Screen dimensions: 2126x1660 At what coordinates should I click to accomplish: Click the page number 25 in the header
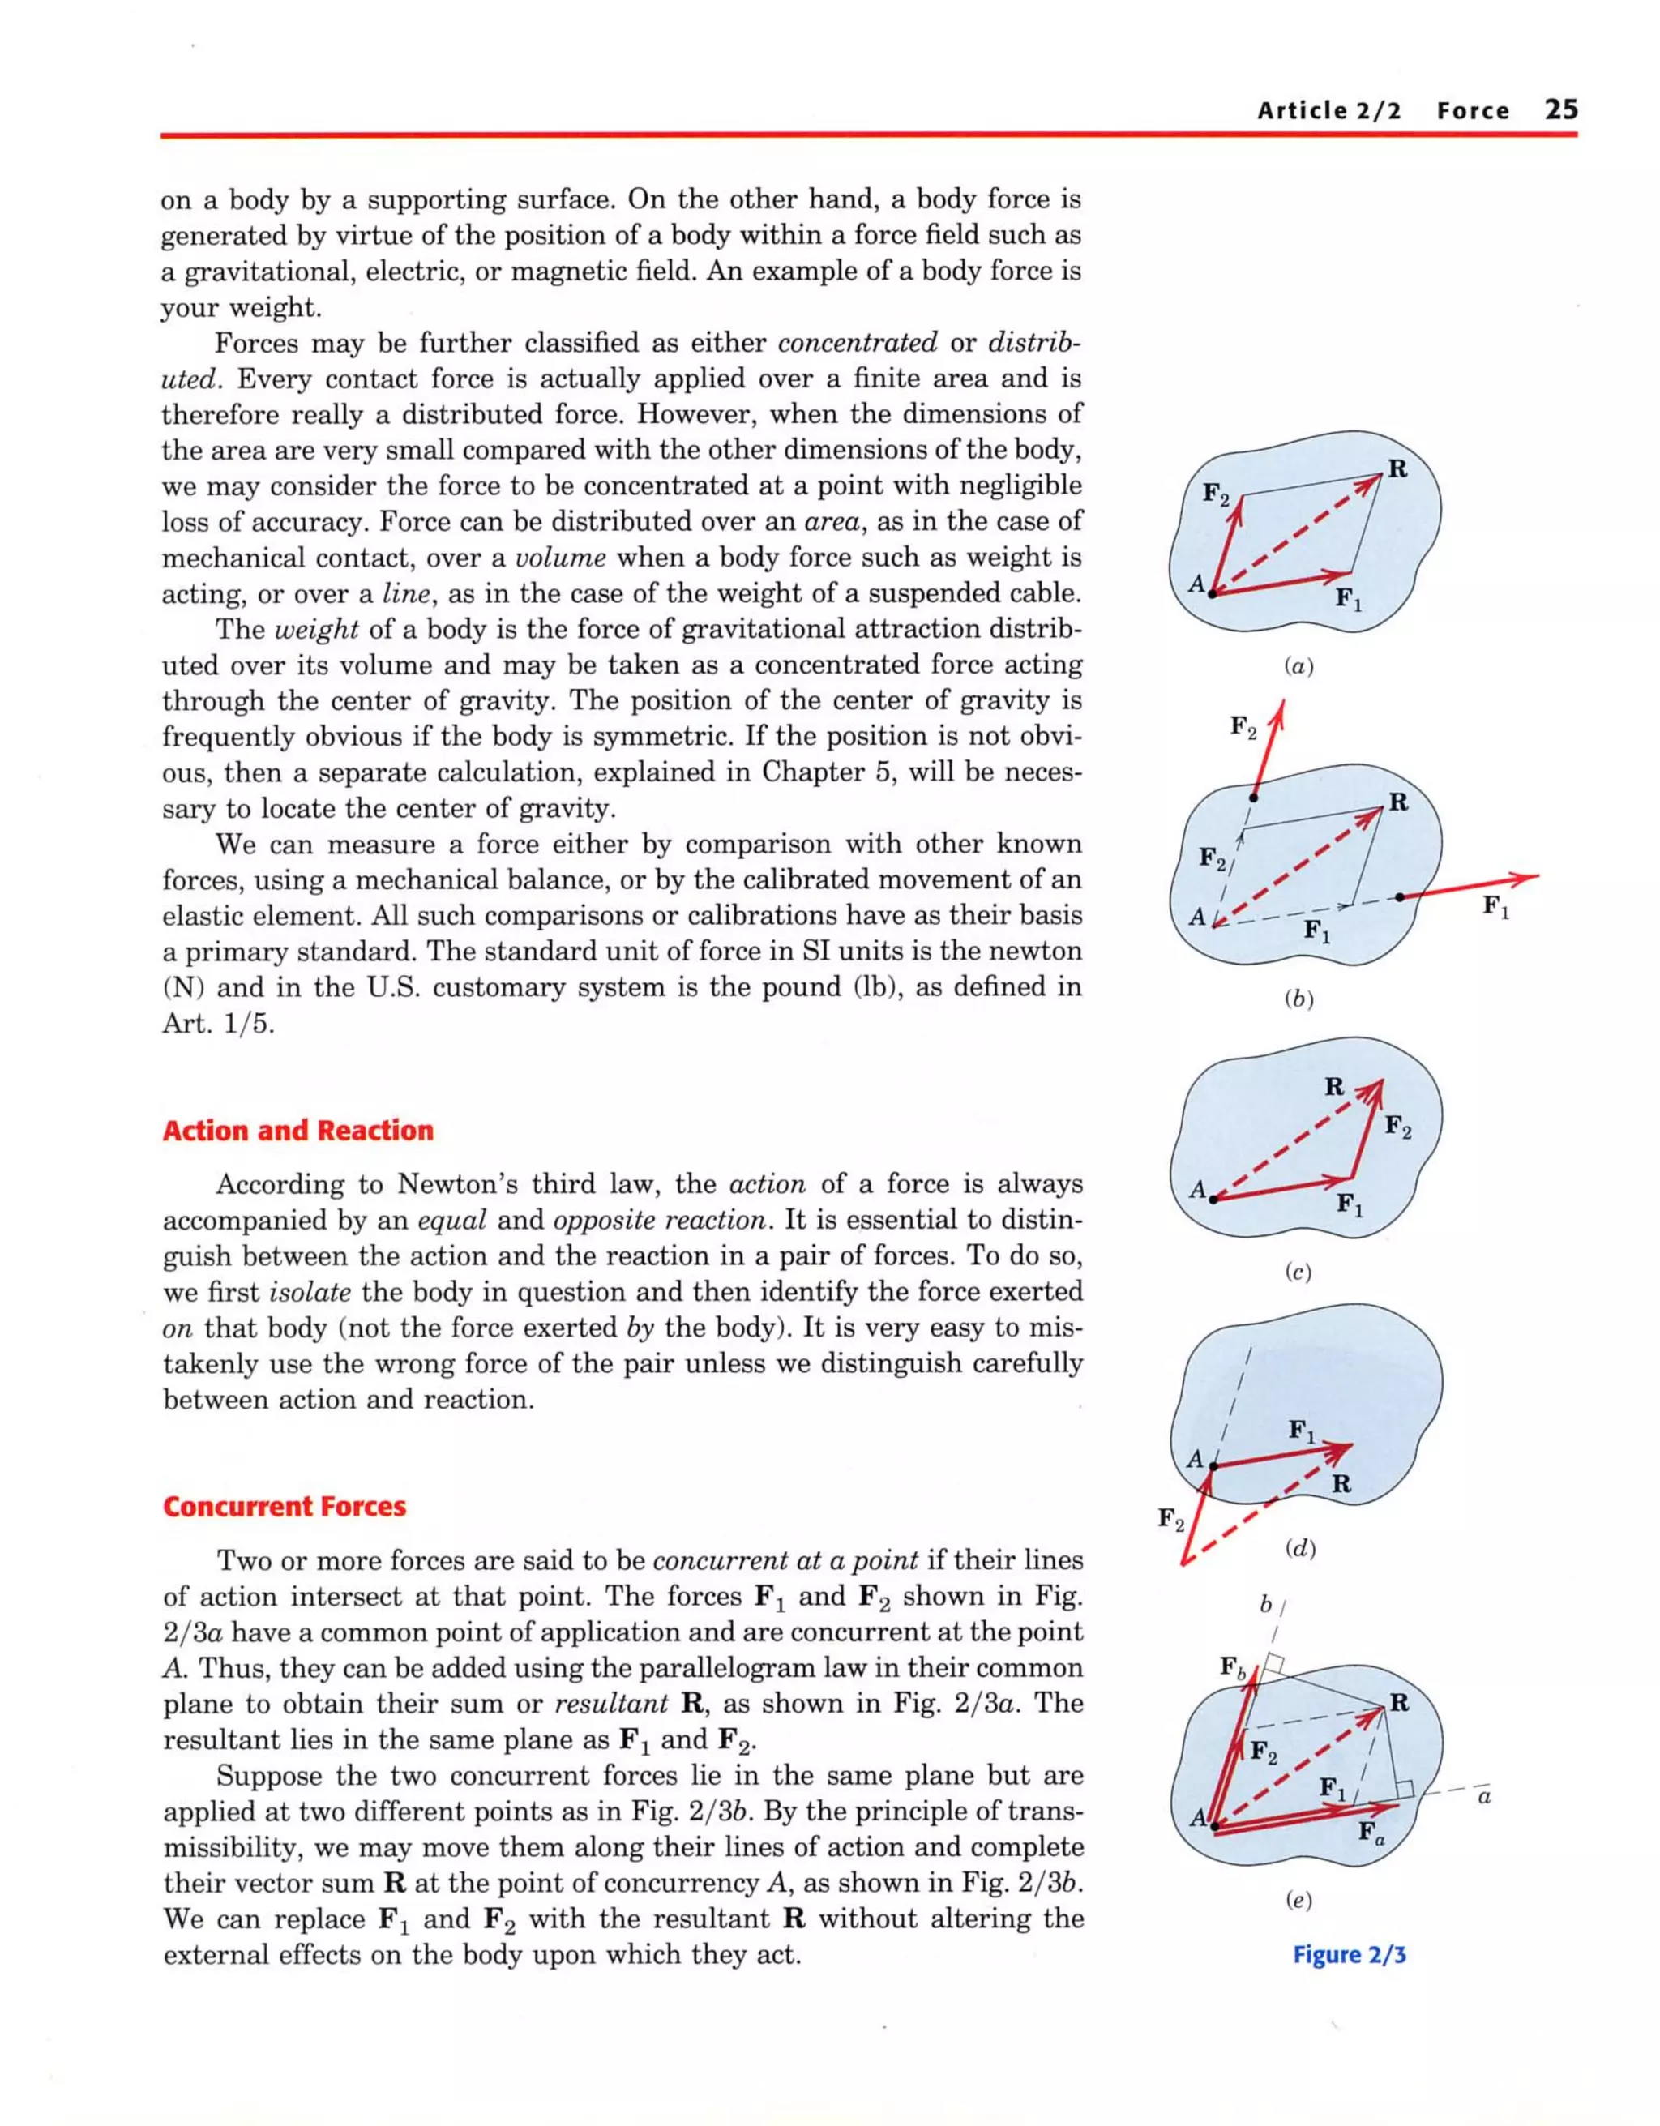tap(1560, 109)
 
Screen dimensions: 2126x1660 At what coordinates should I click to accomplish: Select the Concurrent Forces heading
tap(285, 1506)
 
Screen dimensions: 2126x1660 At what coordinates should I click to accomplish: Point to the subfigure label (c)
tap(1298, 1273)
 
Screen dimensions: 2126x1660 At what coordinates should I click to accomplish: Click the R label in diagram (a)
tap(1397, 469)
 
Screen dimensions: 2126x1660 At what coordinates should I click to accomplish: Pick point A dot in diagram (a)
tap(1212, 592)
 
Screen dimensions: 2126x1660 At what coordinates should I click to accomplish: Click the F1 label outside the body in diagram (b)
tap(1495, 906)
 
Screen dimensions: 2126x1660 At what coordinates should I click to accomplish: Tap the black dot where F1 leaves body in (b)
tap(1400, 896)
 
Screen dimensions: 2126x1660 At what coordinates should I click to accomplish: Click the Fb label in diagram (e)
tap(1233, 1666)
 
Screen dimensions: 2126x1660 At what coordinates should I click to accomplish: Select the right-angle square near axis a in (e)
tap(1404, 1789)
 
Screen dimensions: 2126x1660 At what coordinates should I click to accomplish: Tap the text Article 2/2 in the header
tap(1329, 111)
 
